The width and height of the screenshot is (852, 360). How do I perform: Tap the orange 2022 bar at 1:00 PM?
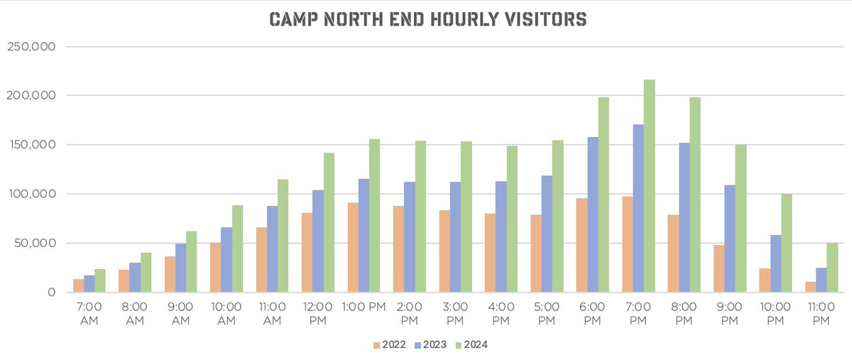coord(353,248)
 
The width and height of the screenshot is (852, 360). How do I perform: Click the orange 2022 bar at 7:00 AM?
coord(78,285)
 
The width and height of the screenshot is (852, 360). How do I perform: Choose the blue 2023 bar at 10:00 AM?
coord(226,260)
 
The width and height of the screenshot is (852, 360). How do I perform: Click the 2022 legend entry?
coord(390,345)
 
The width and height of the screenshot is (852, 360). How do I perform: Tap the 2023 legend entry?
coord(430,345)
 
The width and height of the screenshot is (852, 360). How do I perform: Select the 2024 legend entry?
coord(471,345)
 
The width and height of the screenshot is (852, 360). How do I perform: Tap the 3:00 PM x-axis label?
coord(456,315)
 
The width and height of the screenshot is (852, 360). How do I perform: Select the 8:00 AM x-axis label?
coord(135,315)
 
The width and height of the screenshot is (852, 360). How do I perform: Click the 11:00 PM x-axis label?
coord(821,315)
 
